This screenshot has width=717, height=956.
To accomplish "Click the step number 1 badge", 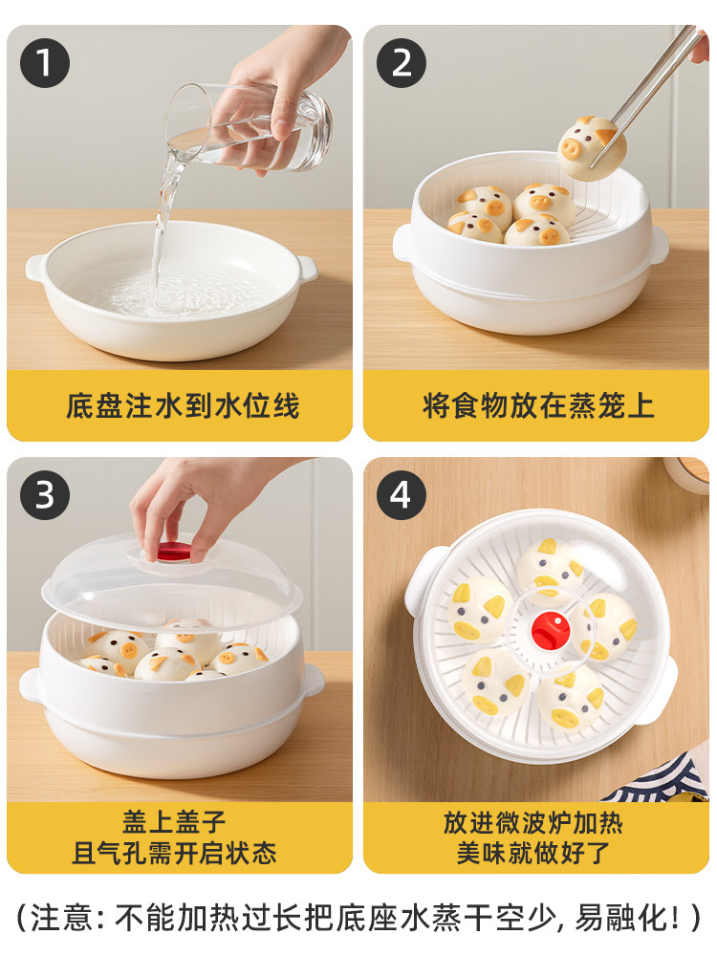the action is tap(45, 63).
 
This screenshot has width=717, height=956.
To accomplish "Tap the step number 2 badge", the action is tap(402, 63).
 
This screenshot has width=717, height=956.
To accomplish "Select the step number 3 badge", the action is tap(45, 494).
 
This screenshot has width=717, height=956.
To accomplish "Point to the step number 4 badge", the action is tap(401, 494).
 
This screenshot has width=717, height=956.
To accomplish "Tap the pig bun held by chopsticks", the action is tap(592, 149).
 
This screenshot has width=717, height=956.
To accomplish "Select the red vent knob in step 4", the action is tap(551, 631).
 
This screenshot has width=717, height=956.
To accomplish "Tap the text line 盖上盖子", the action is tap(174, 822).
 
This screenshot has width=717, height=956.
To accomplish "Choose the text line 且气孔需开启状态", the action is tap(174, 853).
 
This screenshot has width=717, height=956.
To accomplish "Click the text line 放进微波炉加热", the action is tap(533, 822).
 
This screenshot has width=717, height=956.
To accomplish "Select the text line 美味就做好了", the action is tap(533, 853).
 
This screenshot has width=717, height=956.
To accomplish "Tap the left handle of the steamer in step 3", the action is tap(31, 685).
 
